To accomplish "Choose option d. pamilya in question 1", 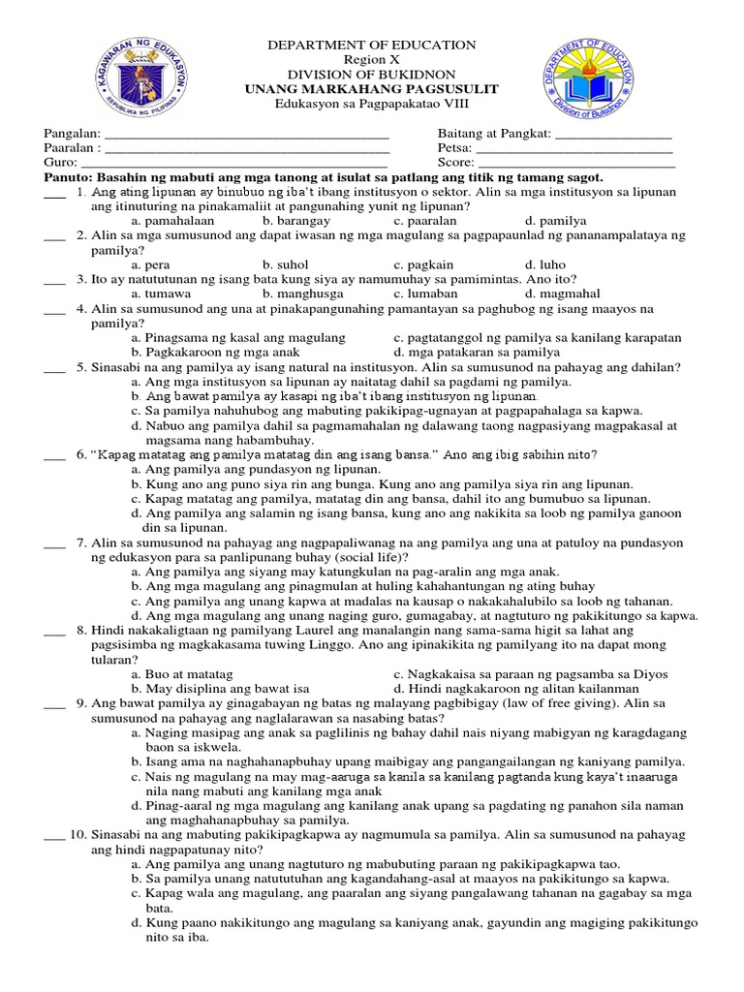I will click(x=550, y=221).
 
